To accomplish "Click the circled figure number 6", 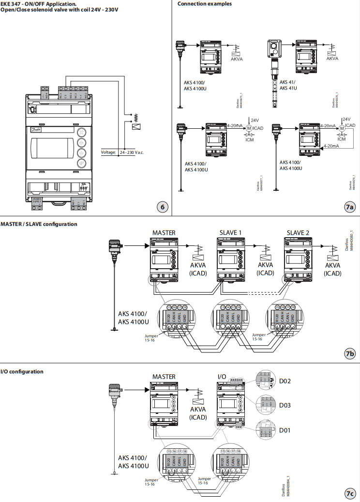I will (163, 207).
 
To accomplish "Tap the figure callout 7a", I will (350, 207).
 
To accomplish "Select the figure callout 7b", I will (350, 354).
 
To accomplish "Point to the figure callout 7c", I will (350, 493).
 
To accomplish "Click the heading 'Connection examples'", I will (204, 4).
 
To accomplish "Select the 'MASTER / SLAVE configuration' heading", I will (39, 224).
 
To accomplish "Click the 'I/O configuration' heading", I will (22, 372).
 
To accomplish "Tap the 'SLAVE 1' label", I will (231, 233).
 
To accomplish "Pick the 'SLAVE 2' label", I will (298, 233).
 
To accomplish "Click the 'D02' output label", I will (285, 381).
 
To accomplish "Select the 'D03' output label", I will (285, 405).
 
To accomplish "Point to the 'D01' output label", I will (285, 430).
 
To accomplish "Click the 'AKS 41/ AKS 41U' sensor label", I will (288, 85).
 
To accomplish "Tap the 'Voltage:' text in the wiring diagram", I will (108, 152).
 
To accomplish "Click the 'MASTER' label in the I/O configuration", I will (164, 377).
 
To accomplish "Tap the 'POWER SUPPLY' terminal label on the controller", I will (37, 200).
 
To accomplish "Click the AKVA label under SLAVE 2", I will (332, 265).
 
